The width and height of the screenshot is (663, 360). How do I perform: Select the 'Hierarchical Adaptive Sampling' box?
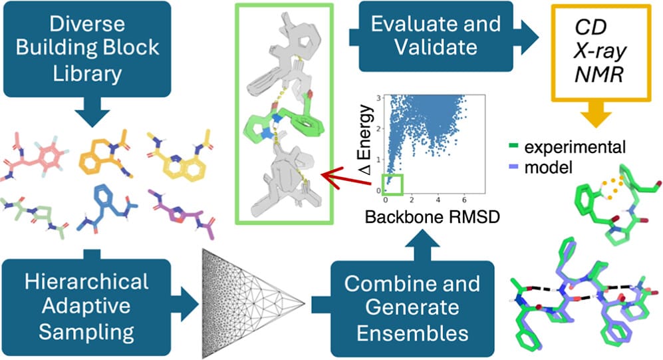[x=85, y=307]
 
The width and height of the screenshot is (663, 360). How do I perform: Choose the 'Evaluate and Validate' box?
[x=436, y=35]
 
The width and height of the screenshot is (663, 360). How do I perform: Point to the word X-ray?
[x=598, y=51]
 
